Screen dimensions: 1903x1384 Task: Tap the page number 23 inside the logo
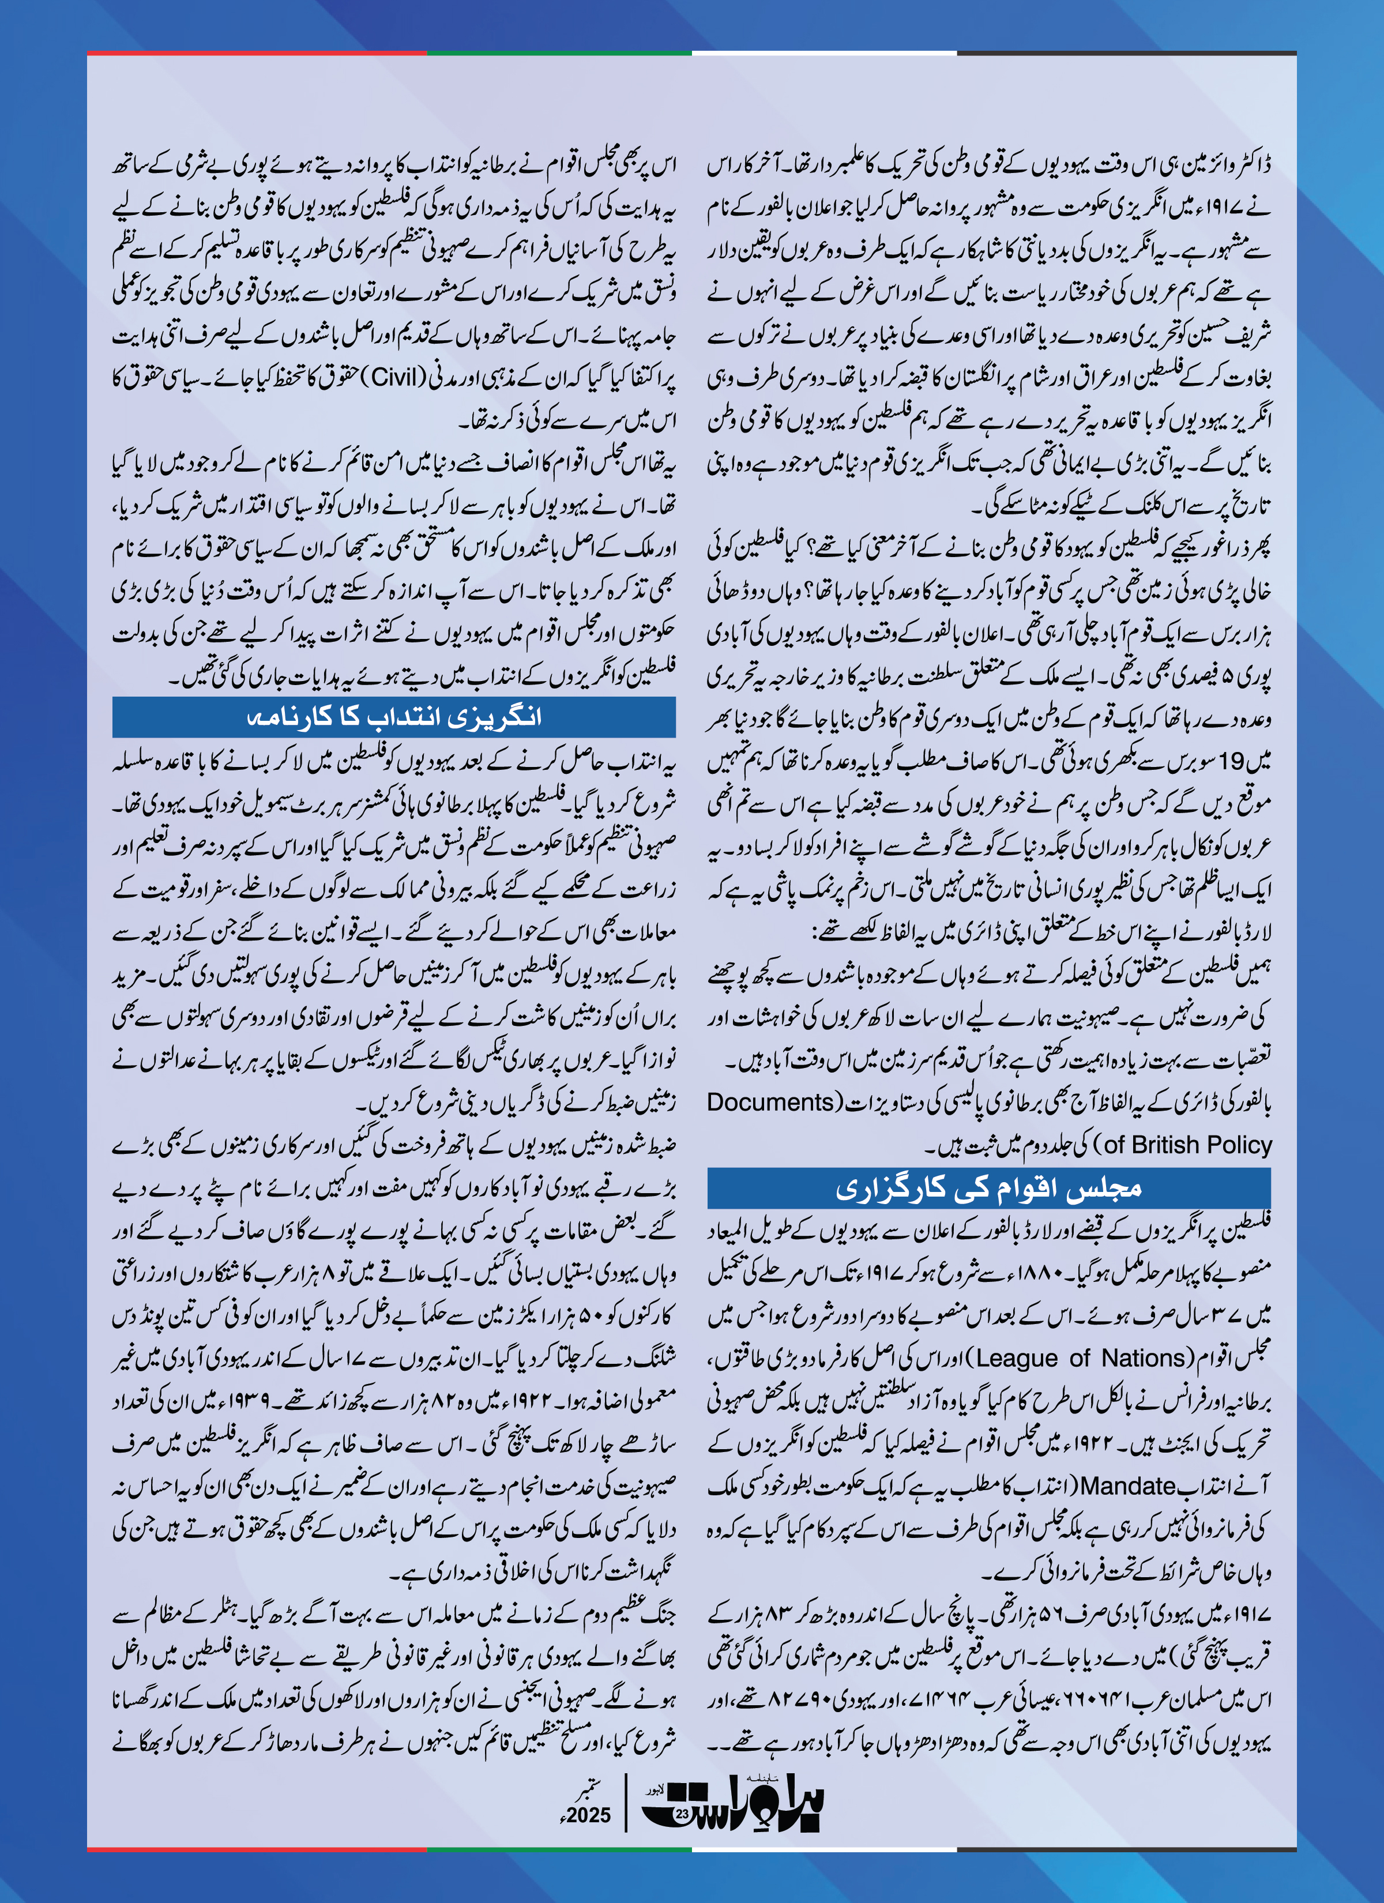click(x=682, y=1813)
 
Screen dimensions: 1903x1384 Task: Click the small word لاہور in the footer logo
click(x=655, y=1789)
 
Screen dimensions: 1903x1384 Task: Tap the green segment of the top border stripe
click(x=559, y=53)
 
